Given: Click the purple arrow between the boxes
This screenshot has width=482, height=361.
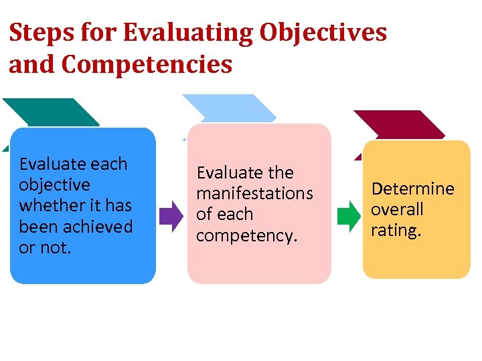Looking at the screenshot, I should pyautogui.click(x=171, y=215).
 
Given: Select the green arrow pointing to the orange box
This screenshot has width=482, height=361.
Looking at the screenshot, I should pyautogui.click(x=348, y=216).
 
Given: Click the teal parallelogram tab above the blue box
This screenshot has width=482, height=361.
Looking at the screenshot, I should pyautogui.click(x=50, y=112).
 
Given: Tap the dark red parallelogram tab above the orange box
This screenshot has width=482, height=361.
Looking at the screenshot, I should pyautogui.click(x=399, y=125).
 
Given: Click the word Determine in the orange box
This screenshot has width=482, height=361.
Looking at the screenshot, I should pyautogui.click(x=412, y=189).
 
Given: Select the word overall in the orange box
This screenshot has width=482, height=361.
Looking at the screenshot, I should pyautogui.click(x=397, y=209).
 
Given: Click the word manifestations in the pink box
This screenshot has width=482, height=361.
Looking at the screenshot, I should pyautogui.click(x=254, y=194).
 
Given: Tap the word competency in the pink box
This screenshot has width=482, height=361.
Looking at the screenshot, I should pyautogui.click(x=246, y=236).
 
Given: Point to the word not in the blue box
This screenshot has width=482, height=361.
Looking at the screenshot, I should pyautogui.click(x=58, y=247).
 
